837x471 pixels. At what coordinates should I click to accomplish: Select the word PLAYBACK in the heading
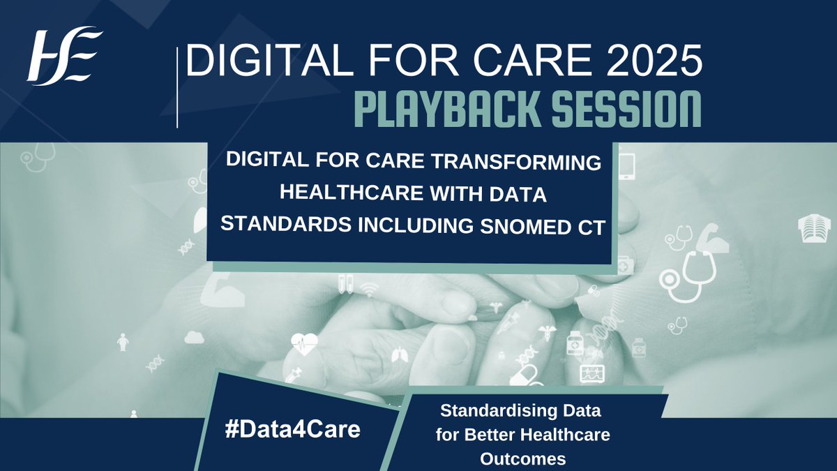(447, 110)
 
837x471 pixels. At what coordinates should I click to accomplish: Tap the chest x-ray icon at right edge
(811, 228)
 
